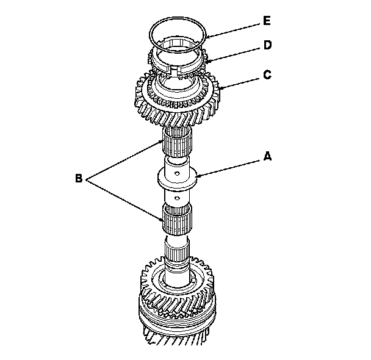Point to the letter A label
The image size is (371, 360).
[266, 157]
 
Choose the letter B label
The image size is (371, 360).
[79, 179]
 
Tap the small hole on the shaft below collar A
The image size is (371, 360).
[177, 198]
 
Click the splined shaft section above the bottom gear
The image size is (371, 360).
[178, 250]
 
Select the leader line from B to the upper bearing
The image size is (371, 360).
[125, 160]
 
